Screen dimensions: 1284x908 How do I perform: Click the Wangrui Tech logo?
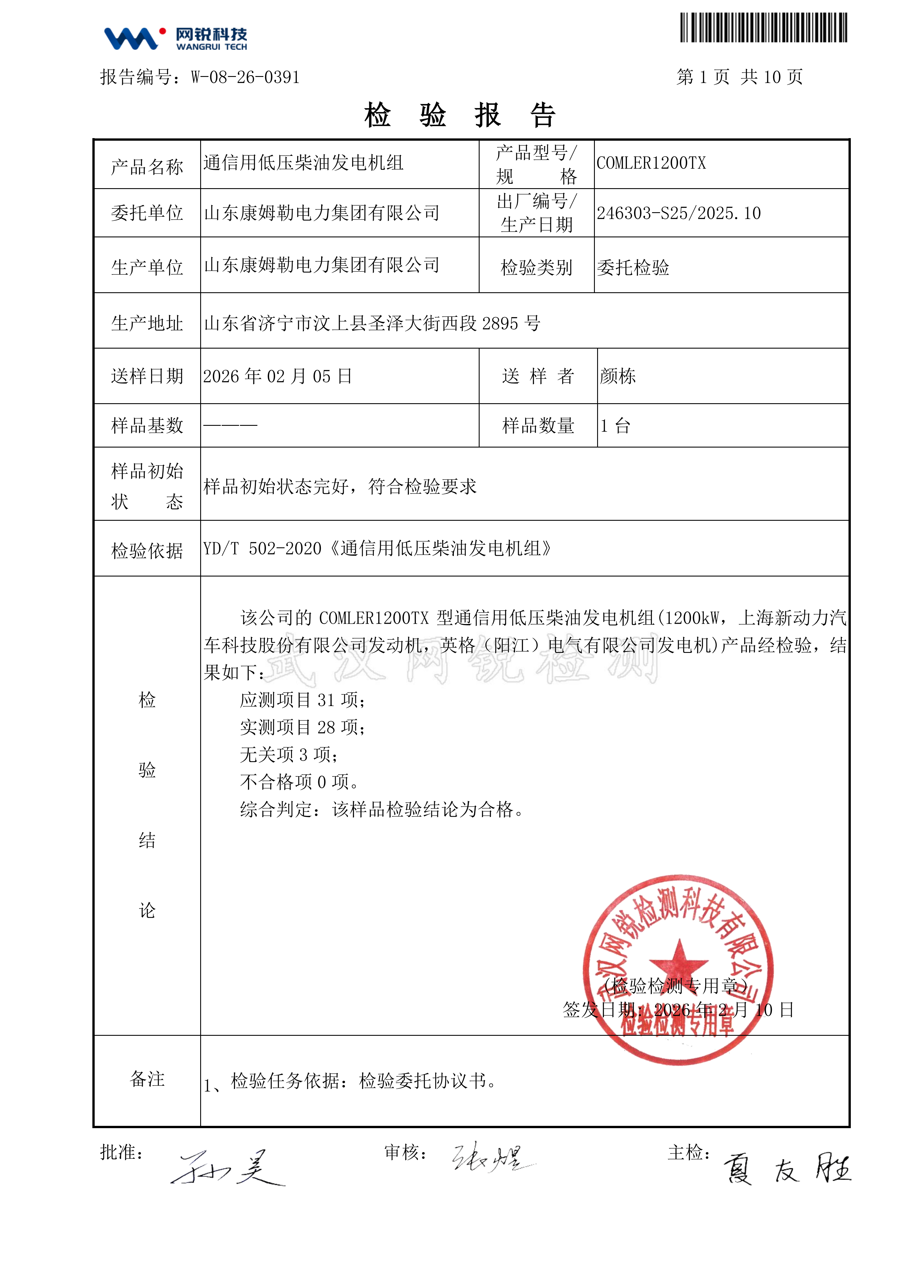tap(175, 39)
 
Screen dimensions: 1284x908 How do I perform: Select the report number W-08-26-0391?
tap(245, 77)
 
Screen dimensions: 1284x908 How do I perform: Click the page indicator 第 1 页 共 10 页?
tap(739, 77)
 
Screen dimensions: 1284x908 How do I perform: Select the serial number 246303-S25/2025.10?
tap(678, 213)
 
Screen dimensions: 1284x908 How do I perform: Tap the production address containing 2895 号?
tap(372, 323)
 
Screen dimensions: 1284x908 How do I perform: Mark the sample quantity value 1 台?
tap(615, 426)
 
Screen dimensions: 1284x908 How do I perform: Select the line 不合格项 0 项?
tap(299, 782)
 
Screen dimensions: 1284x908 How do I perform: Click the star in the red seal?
tap(679, 962)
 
